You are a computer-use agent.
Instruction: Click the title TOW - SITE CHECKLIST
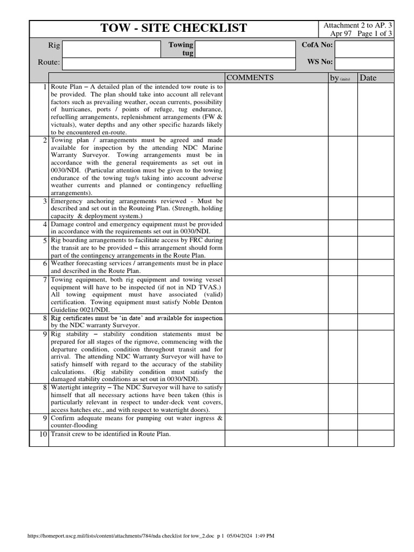pos(174,29)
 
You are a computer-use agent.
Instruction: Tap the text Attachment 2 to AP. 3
pos(357,25)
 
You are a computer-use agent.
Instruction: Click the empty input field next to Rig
pos(112,49)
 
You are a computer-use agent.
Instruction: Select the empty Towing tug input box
pos(246,49)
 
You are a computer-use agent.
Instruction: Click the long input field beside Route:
pos(179,64)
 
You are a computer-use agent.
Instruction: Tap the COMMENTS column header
pos(250,78)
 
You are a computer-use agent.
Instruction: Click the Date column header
pos(368,78)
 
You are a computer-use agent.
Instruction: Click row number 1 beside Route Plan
pos(44,87)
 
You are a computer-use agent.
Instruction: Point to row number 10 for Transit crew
pos(42,434)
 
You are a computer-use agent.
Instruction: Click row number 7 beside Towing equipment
pos(44,280)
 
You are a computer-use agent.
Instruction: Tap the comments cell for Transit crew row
pos(276,438)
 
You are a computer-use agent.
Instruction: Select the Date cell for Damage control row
pos(376,227)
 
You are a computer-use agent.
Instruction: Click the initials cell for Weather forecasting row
pos(343,267)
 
